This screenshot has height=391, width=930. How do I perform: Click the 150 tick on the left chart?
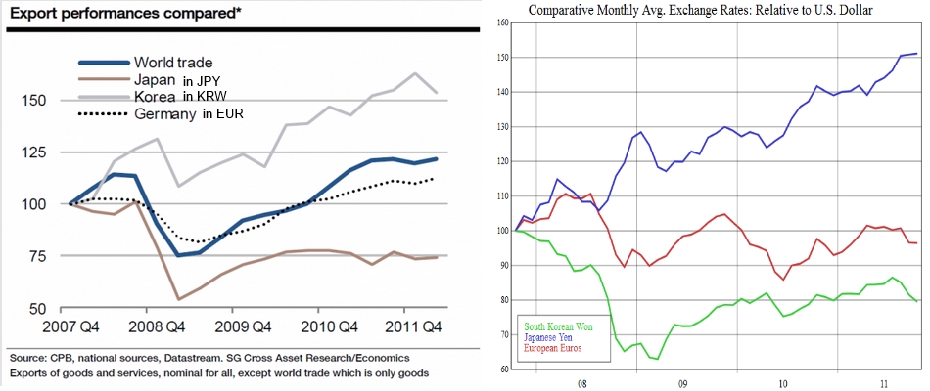(32, 101)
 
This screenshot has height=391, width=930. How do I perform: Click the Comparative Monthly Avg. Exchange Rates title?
(699, 11)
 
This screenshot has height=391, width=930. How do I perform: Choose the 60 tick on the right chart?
(505, 369)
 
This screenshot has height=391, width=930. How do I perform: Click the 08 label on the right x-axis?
(582, 384)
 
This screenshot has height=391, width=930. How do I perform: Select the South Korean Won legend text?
(558, 325)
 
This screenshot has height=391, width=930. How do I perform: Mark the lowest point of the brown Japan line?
(152, 299)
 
